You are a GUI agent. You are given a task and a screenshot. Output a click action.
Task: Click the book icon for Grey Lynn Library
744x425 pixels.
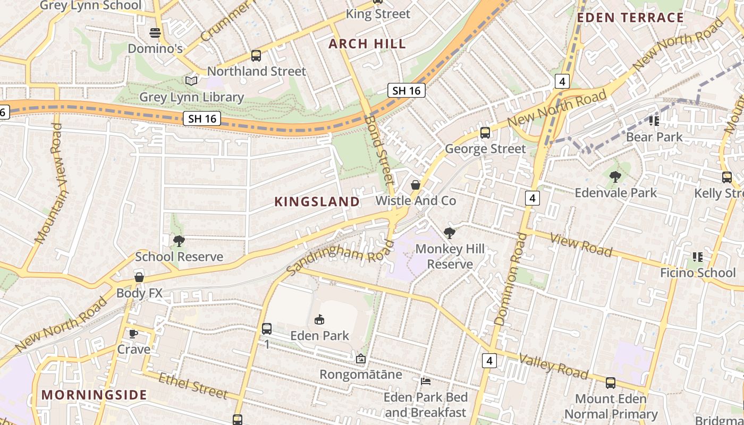191,81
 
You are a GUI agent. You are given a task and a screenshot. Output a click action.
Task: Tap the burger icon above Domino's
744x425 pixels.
155,33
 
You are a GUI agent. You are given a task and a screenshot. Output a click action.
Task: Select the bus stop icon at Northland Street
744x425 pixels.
256,55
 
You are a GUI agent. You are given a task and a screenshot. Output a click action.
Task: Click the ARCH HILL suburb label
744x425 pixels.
367,44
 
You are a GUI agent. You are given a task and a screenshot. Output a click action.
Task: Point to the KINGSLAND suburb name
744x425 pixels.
317,201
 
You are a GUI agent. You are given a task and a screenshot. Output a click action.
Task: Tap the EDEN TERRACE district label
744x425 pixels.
630,18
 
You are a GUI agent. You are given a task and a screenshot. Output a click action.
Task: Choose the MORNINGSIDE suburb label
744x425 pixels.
94,395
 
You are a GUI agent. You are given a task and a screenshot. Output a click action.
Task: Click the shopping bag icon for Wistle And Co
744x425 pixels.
416,185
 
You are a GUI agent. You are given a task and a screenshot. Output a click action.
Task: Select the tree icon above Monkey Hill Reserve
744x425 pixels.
450,233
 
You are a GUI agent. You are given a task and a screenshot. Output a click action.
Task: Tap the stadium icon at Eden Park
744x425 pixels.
319,320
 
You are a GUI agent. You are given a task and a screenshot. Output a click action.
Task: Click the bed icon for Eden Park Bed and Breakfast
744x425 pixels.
426,381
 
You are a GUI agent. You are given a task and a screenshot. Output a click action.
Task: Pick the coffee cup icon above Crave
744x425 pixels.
133,334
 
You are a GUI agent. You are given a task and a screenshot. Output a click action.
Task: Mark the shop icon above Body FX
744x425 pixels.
139,277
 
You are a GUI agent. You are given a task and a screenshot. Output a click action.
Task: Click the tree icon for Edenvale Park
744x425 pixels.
615,176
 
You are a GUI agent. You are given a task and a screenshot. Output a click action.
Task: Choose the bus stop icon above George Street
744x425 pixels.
485,133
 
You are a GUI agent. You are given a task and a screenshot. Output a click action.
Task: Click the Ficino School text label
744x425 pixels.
697,273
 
